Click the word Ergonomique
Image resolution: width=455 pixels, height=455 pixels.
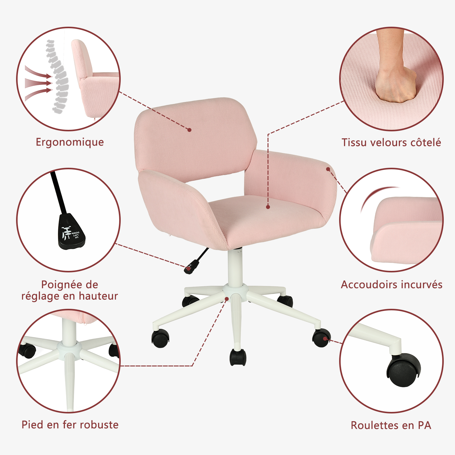pyautogui.click(x=70, y=142)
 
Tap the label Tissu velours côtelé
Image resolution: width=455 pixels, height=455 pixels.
pyautogui.click(x=391, y=143)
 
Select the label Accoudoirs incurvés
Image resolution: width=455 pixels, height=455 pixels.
pyautogui.click(x=392, y=285)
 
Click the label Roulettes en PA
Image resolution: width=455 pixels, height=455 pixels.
pyautogui.click(x=391, y=425)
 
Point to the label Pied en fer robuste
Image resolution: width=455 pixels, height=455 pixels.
pyautogui.click(x=70, y=425)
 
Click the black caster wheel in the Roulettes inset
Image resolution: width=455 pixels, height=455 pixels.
pyautogui.click(x=404, y=370)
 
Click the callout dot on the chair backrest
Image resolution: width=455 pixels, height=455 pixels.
pyautogui.click(x=189, y=130)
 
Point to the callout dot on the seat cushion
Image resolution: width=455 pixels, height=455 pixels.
pyautogui.click(x=268, y=207)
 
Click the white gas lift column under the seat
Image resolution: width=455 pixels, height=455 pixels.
pyautogui.click(x=235, y=267)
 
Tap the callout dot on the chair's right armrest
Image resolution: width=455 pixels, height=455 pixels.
pyautogui.click(x=328, y=169)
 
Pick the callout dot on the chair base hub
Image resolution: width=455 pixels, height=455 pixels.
pyautogui.click(x=227, y=299)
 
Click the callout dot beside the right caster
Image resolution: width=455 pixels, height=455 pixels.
pyautogui.click(x=325, y=339)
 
